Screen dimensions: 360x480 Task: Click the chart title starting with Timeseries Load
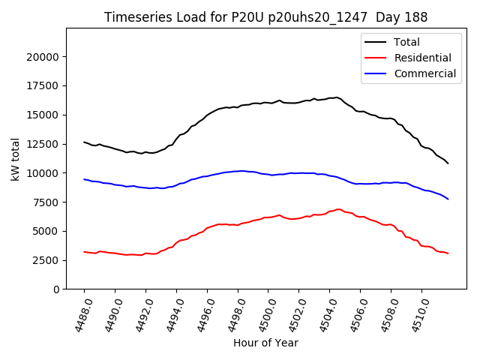[265, 16]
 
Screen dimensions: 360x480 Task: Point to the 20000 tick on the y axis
[47, 57]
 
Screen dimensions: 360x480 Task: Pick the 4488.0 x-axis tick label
[78, 313]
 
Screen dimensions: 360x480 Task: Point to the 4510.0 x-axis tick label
[415, 313]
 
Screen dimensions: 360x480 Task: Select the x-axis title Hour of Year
[265, 343]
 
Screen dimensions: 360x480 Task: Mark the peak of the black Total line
[337, 97]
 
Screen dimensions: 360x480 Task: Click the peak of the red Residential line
[338, 209]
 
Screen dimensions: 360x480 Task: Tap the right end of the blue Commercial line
[448, 199]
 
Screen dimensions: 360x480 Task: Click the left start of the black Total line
[84, 142]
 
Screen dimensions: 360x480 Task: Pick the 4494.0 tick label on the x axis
[170, 313]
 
